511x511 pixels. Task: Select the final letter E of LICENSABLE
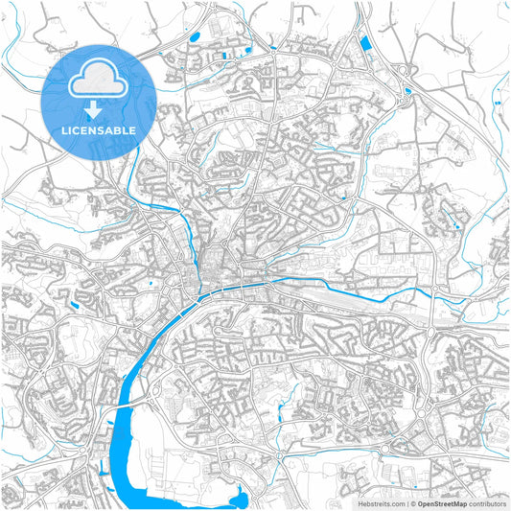[x=132, y=129]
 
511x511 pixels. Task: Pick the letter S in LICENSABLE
[x=97, y=129]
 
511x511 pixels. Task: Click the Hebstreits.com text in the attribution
[x=382, y=502]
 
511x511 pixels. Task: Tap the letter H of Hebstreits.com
[x=360, y=502]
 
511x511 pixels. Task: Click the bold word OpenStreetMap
[x=442, y=502]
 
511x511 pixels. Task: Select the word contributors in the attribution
[x=488, y=502]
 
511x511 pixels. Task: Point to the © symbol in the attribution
[x=413, y=502]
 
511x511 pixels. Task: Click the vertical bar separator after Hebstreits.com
[x=406, y=502]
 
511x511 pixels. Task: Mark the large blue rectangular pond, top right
[x=364, y=44]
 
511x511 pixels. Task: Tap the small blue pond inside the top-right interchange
[x=408, y=91]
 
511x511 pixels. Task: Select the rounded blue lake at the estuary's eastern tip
[x=240, y=498]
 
